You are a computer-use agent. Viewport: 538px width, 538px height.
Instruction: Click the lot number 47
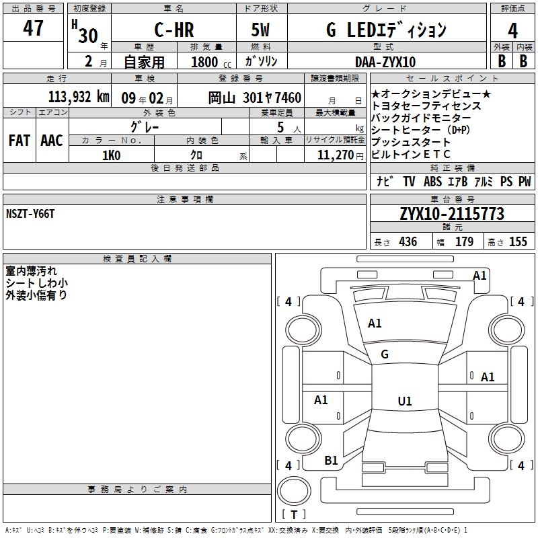coord(33,28)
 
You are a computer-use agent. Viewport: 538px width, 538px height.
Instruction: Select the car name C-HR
coord(174,30)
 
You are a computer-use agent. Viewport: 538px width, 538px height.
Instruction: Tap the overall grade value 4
coord(512,31)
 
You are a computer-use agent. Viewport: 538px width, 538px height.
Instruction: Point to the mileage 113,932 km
coord(79,97)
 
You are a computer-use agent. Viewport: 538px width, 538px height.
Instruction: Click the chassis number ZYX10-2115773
coord(452,214)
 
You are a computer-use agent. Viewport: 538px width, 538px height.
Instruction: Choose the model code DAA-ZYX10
coord(385,62)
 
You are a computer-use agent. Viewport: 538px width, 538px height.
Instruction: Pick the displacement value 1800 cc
coord(211,62)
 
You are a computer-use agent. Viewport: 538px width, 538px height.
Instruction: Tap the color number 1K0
coord(111,155)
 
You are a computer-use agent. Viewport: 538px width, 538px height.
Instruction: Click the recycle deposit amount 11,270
coord(335,155)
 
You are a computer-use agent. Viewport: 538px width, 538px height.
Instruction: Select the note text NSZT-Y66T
coord(30,214)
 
